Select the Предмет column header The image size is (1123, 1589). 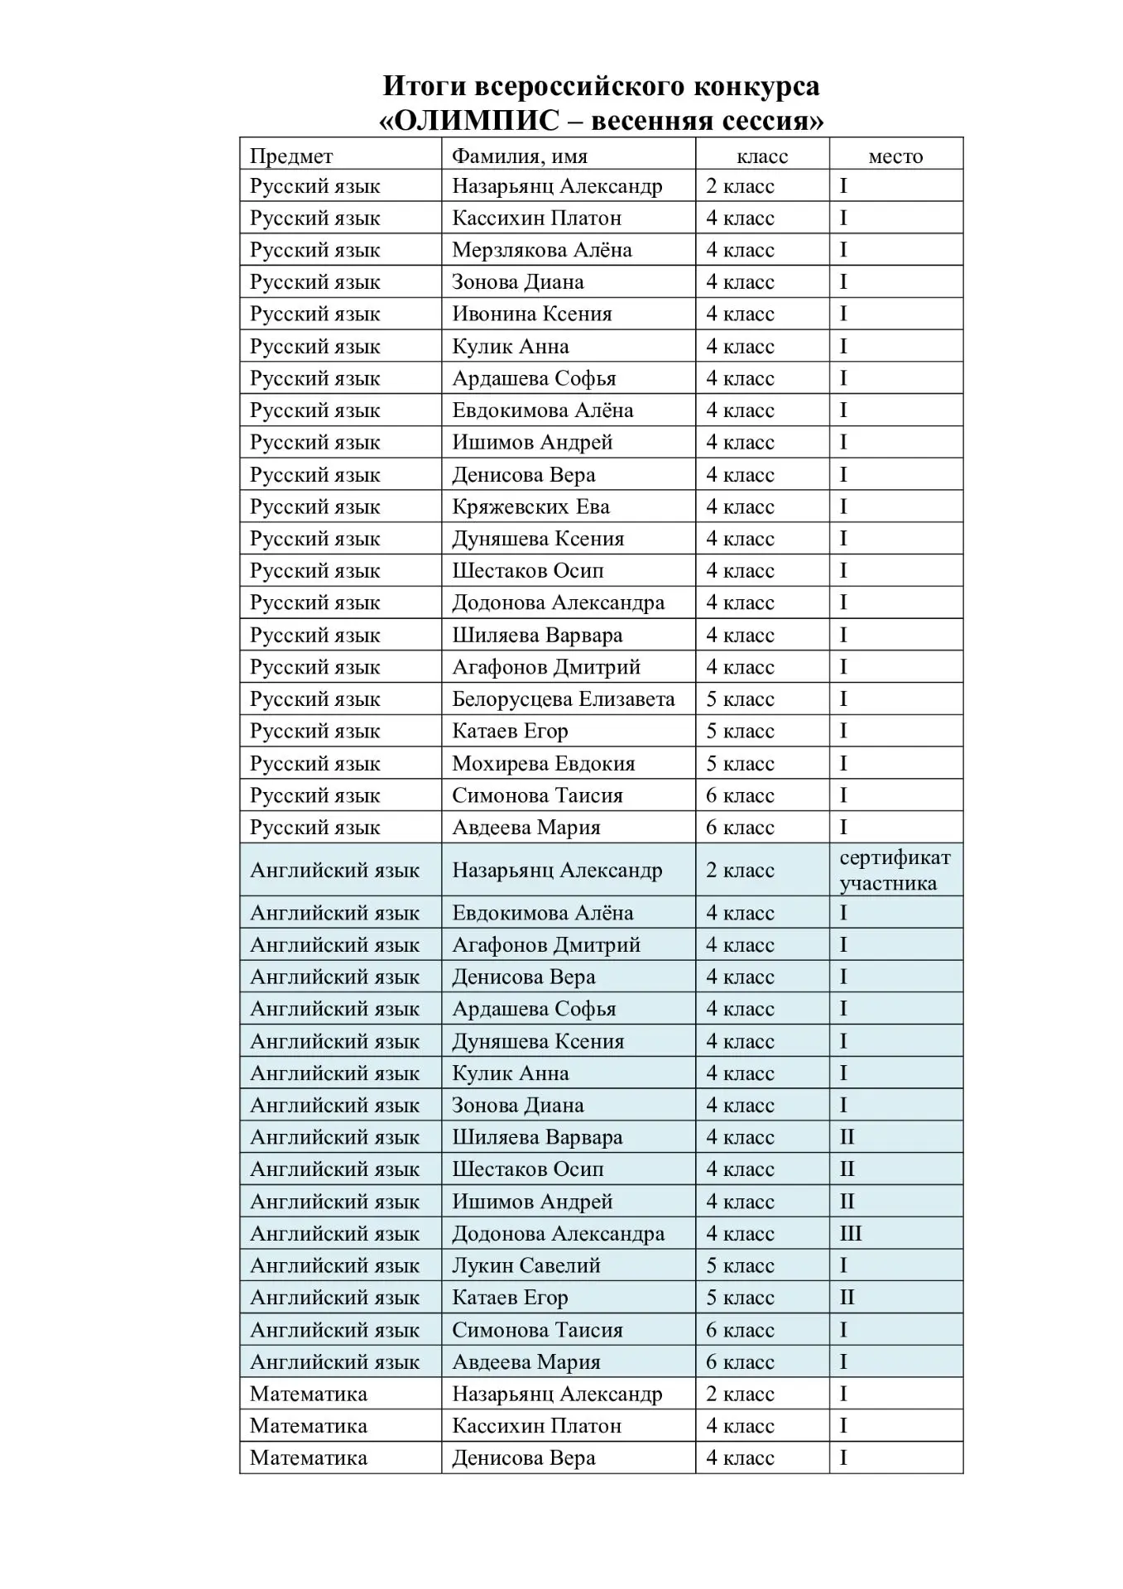[291, 156]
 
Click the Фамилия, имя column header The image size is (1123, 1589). [519, 156]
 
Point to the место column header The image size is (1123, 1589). [895, 156]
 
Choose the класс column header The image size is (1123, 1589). [762, 156]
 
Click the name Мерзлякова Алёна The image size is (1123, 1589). [541, 250]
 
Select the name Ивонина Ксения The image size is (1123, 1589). [531, 314]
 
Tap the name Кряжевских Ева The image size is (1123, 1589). [530, 506]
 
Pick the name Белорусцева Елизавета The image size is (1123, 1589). [563, 699]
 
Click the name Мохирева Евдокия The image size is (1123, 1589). [543, 763]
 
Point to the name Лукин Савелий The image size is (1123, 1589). [526, 1265]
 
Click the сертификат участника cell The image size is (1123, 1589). [895, 870]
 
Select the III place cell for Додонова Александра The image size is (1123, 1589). [851, 1233]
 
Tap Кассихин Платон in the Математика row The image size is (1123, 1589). [536, 1426]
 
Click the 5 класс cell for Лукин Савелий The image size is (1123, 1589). [740, 1265]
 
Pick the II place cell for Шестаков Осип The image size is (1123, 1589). [847, 1169]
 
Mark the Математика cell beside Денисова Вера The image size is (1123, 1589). [308, 1458]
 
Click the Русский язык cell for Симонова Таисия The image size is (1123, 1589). [314, 795]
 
